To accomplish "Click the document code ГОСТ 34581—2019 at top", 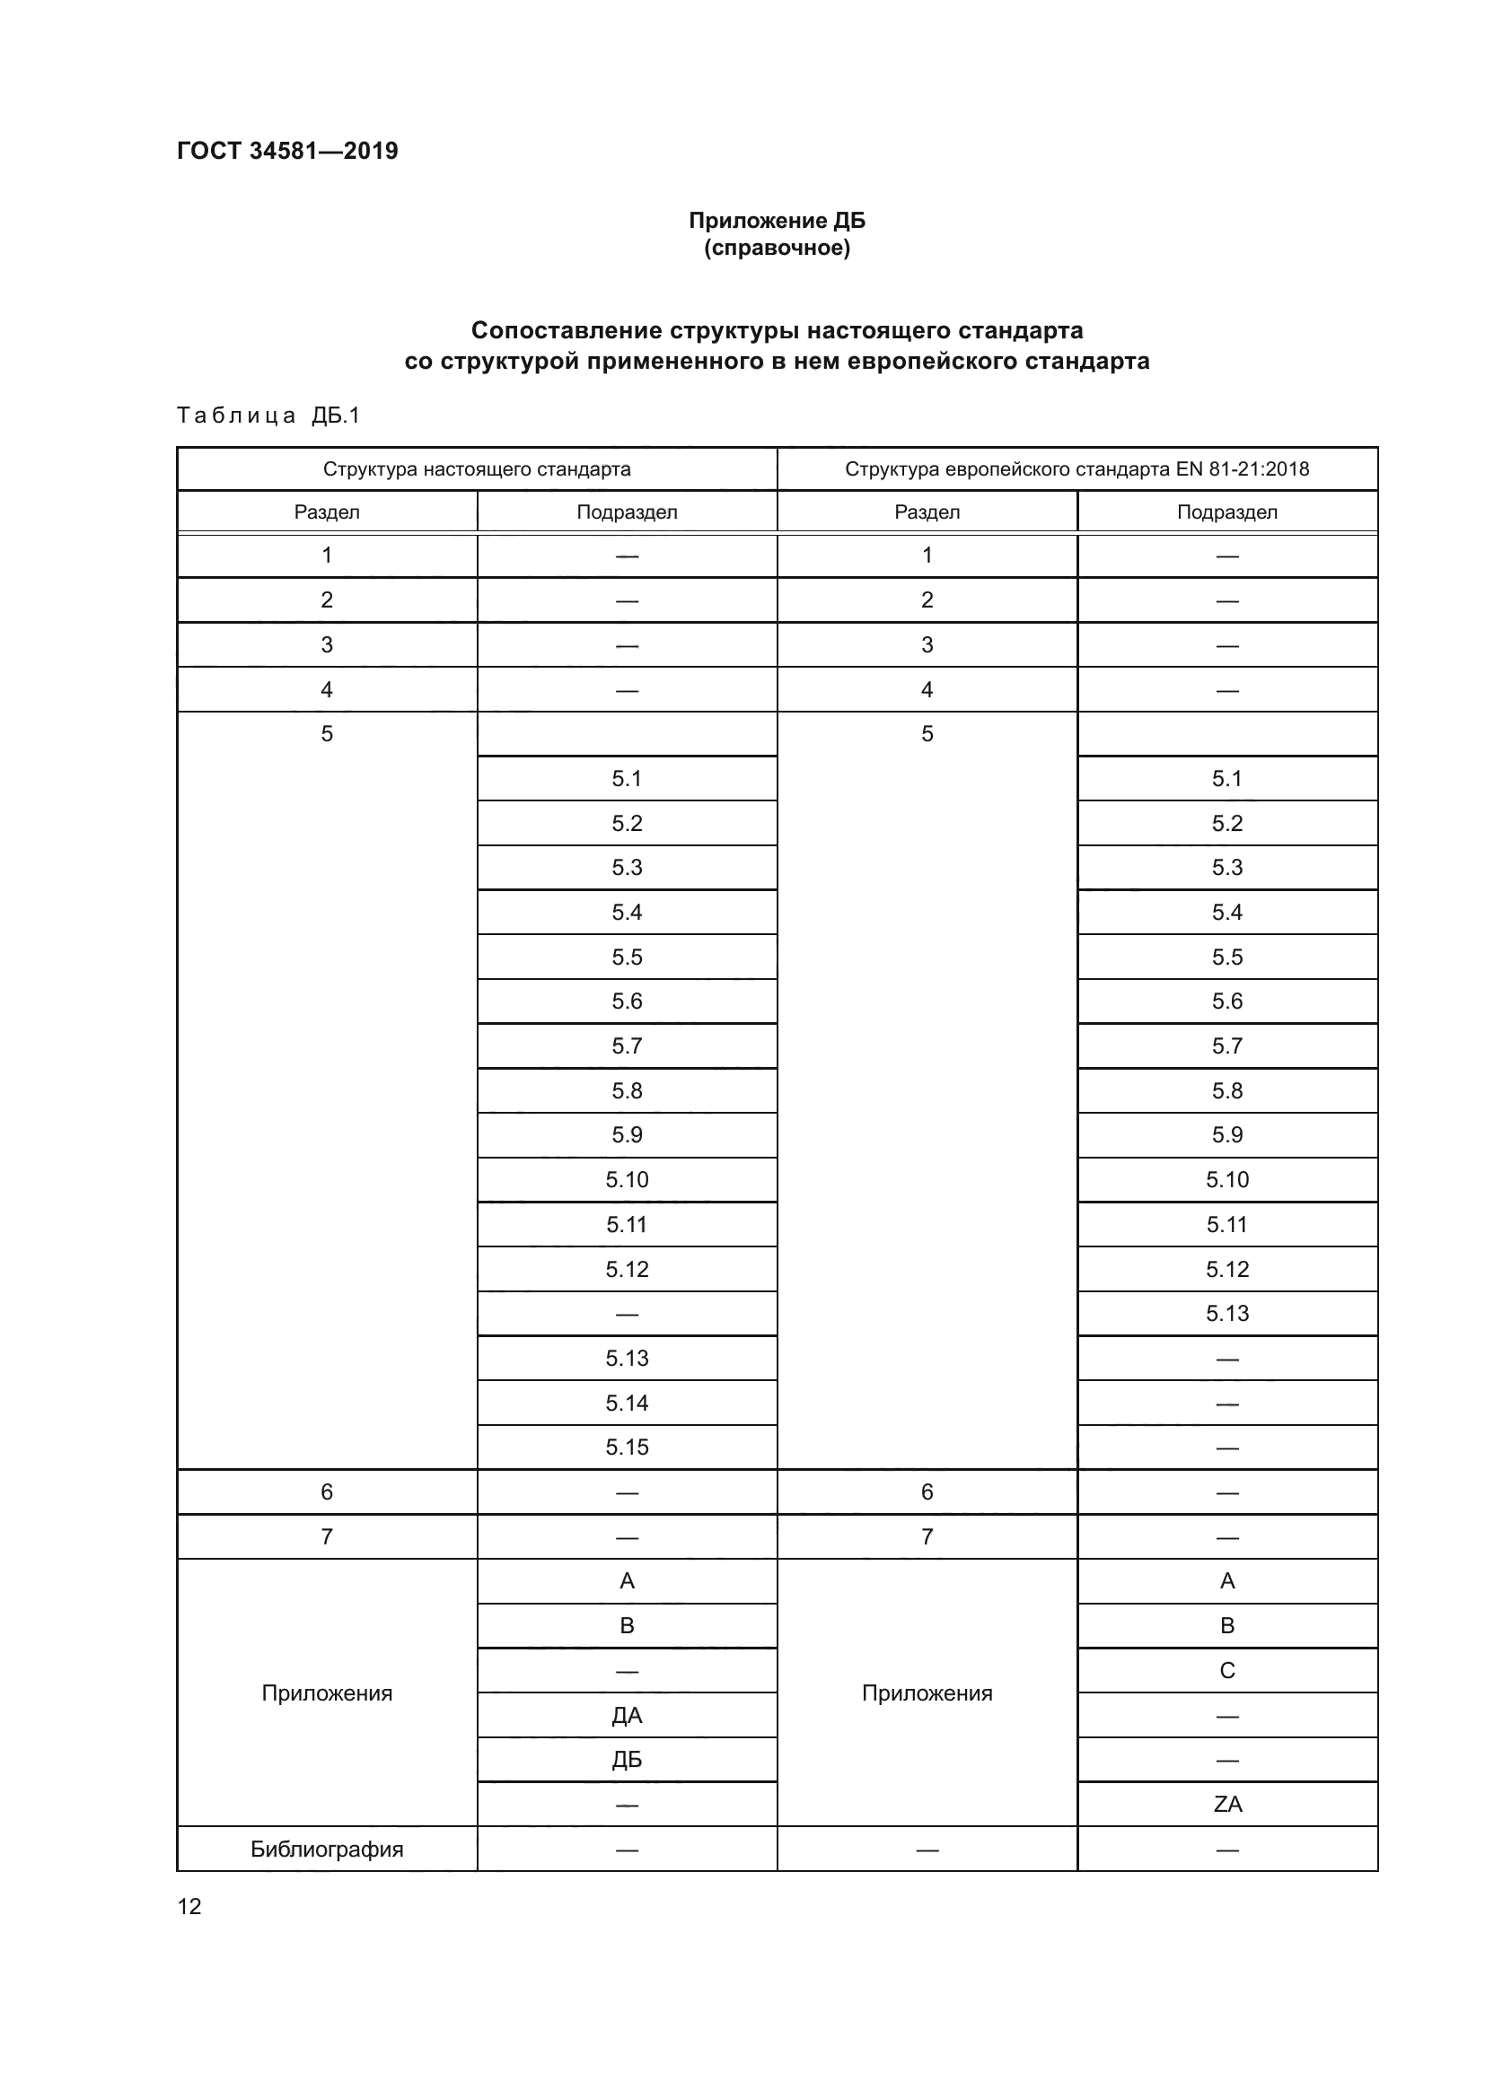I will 287,151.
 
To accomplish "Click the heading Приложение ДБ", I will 777,221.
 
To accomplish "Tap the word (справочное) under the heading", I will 777,248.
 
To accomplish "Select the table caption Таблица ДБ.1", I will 268,416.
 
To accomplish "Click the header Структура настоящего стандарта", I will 477,469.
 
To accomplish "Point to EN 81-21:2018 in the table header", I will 1242,469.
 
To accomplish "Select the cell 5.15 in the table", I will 627,1447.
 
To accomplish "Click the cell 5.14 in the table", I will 627,1403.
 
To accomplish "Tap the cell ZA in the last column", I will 1227,1804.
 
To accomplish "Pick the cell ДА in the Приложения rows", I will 627,1715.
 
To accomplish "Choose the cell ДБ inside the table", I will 627,1759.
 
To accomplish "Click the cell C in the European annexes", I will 1227,1670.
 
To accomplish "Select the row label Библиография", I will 327,1849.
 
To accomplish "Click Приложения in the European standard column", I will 927,1693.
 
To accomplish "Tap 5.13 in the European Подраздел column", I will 1227,1314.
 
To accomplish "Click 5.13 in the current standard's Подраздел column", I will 627,1359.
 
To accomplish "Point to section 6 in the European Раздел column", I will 927,1492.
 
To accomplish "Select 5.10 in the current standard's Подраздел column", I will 627,1179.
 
